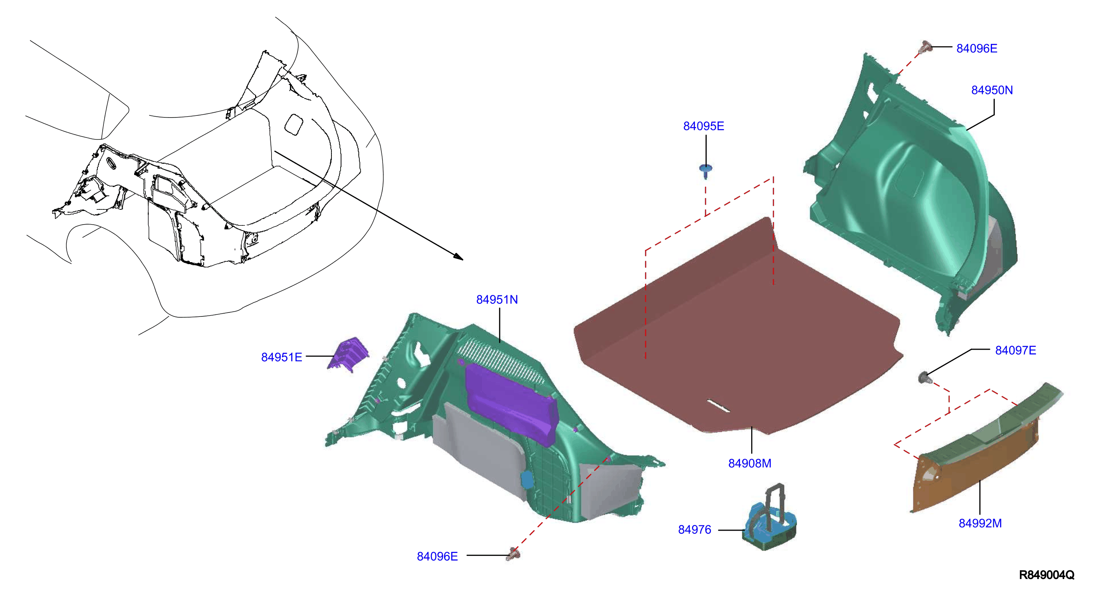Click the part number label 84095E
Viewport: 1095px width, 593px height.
click(704, 126)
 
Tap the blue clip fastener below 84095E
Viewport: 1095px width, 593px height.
click(706, 171)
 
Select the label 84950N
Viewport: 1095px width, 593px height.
click(992, 90)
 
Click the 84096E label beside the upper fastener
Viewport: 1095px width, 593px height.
click(976, 48)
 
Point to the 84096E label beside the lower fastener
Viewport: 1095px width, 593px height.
click(437, 556)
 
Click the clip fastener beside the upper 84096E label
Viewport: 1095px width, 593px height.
click(925, 47)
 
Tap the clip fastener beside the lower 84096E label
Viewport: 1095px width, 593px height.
click(513, 554)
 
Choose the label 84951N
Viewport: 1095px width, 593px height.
click(497, 299)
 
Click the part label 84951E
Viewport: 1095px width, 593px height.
click(282, 357)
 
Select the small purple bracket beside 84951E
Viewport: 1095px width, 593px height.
click(349, 354)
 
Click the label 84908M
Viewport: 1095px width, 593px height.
click(750, 463)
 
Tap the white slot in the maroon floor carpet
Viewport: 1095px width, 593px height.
click(718, 406)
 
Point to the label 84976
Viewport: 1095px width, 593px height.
click(694, 529)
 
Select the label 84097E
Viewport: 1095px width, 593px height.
click(1015, 350)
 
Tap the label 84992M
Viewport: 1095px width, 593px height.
click(980, 523)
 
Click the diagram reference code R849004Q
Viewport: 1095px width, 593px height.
click(1047, 575)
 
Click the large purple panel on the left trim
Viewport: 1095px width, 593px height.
click(510, 404)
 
